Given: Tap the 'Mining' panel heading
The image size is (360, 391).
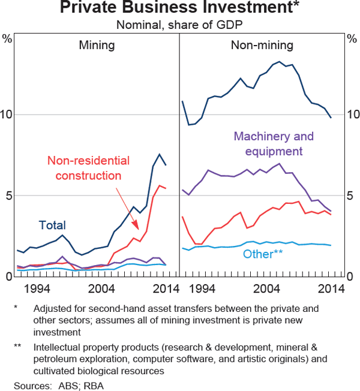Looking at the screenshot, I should pos(97,45).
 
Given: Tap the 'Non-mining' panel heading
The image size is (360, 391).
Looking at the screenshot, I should pos(262,45).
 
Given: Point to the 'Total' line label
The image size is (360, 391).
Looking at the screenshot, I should pos(52,225).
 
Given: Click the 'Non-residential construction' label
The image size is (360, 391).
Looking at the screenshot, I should pos(88,168).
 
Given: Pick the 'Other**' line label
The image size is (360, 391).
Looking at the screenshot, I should pos(263,254).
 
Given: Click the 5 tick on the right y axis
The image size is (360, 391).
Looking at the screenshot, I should pos(353,195).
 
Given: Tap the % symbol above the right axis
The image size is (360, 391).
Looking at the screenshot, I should pos(353,40).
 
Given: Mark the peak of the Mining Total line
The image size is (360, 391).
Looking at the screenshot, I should pos(160,154).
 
